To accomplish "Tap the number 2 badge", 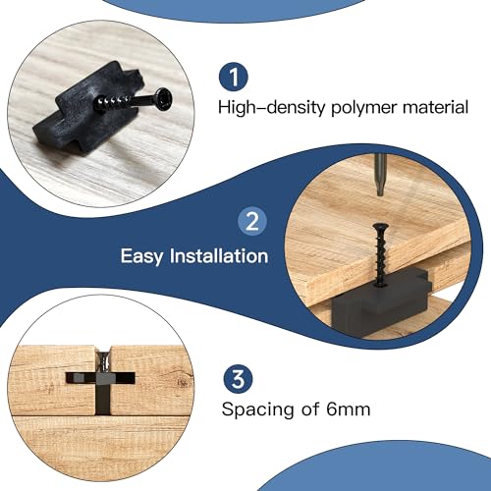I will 251,221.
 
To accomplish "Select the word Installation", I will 218,256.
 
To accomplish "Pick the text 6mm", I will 350,409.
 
